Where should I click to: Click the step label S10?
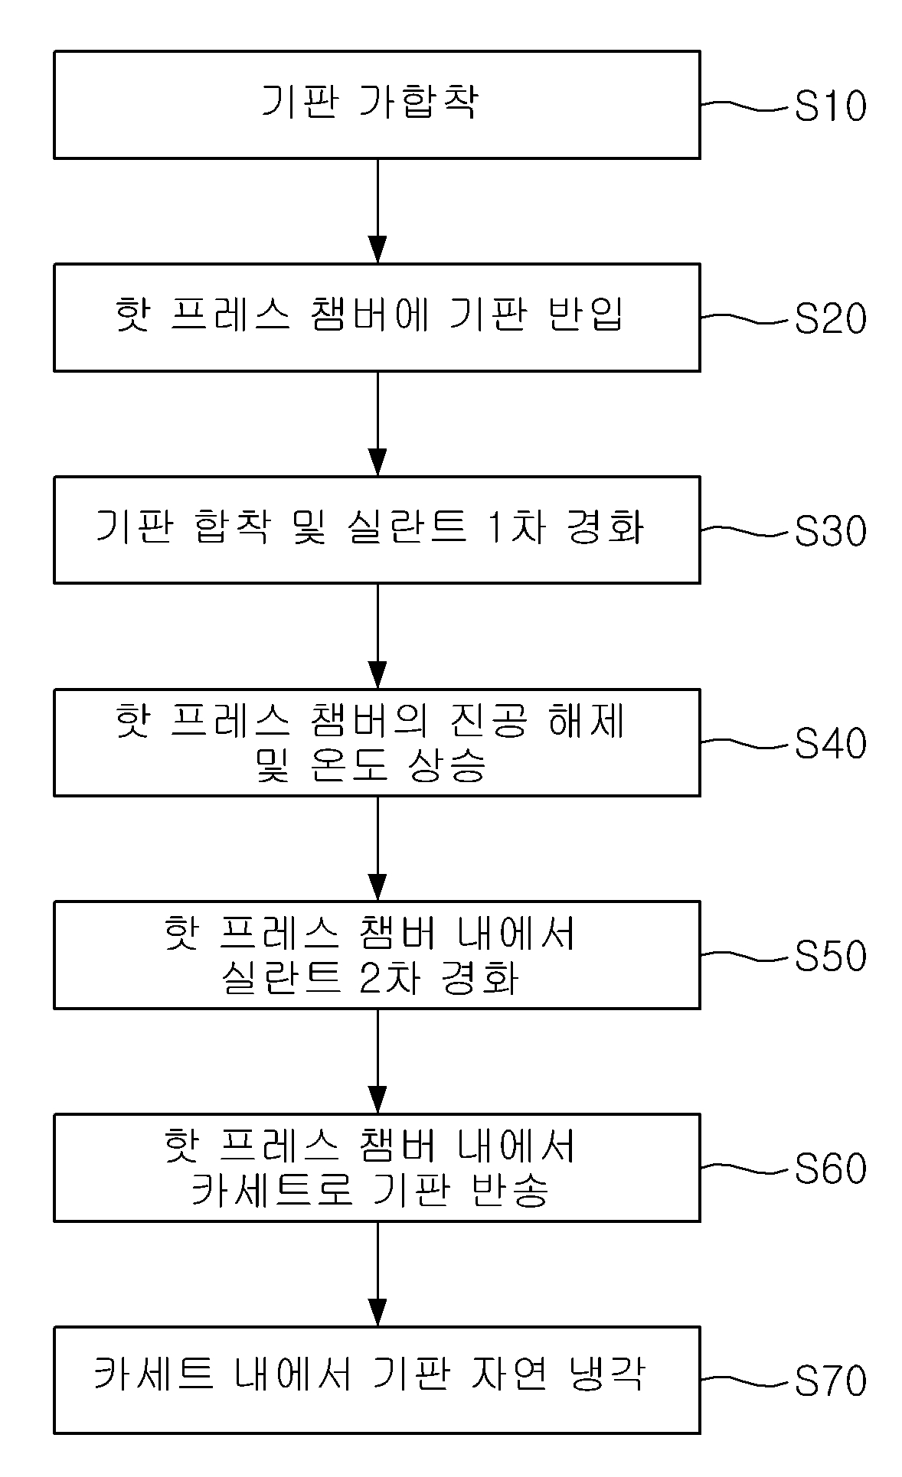point(831,106)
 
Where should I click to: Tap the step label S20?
point(831,318)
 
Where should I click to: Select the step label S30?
point(831,530)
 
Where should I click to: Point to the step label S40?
point(831,743)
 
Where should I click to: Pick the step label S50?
point(831,955)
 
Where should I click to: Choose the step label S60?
point(831,1168)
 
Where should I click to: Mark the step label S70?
point(831,1380)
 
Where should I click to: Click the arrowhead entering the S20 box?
point(377,250)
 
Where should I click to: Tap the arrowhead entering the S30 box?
point(377,462)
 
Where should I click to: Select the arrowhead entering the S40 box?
point(377,675)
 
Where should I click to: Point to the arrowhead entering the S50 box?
point(377,887)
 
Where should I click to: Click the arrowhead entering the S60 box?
point(377,1100)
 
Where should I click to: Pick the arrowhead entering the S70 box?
point(377,1312)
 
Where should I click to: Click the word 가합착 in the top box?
point(419,103)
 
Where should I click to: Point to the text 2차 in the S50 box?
point(391,977)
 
